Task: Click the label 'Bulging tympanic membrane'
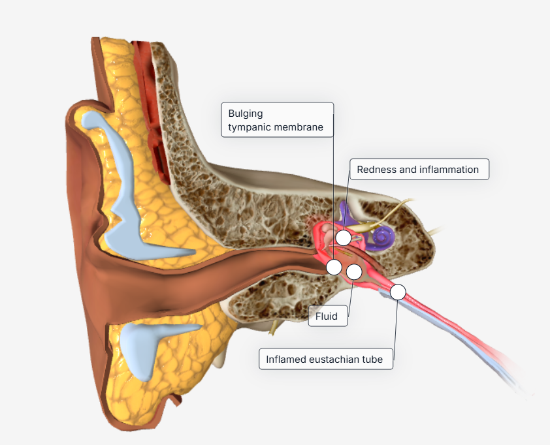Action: point(277,120)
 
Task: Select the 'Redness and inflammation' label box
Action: point(419,170)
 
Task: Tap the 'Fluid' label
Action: point(327,316)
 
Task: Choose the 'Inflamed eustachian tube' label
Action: point(325,359)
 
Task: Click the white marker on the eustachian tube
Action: point(398,292)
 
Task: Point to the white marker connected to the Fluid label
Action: point(354,271)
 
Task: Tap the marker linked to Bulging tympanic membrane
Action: point(334,266)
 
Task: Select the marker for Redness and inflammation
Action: point(344,237)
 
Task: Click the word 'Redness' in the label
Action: point(377,170)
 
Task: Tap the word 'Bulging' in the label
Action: point(246,114)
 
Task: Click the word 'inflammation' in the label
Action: point(449,170)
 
